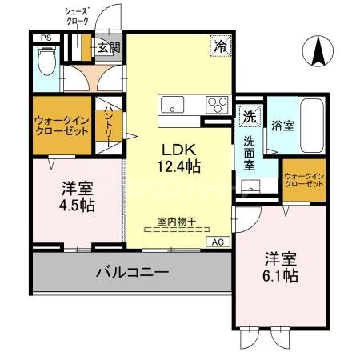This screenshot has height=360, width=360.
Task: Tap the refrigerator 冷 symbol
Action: click(218, 46)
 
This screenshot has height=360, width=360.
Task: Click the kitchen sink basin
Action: click(172, 104)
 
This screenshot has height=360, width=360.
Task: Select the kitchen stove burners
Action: click(216, 104)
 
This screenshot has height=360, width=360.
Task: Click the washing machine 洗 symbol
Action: click(250, 114)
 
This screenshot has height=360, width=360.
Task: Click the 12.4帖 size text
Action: click(182, 166)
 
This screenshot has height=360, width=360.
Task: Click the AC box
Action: click(217, 241)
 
